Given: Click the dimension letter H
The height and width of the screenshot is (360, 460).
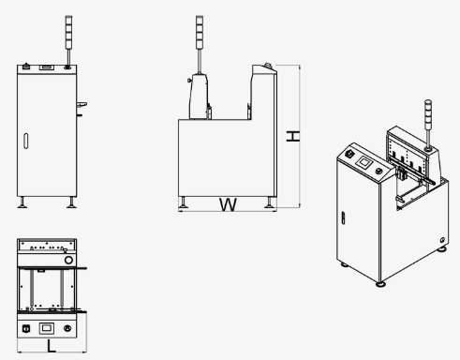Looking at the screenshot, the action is [x=293, y=136].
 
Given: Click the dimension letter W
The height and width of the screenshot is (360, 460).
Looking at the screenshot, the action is [x=228, y=204].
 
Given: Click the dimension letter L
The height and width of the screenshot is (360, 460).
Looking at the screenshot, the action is [x=52, y=347].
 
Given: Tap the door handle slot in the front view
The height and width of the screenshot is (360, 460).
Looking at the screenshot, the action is [x=25, y=141].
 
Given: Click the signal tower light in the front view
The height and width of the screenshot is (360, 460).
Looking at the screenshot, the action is [x=68, y=32].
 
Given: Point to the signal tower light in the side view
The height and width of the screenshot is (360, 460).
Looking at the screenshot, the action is [x=200, y=32].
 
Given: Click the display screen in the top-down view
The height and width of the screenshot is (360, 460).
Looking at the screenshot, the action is [x=46, y=328].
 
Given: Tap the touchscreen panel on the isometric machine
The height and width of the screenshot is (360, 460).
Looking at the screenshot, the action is [x=364, y=162].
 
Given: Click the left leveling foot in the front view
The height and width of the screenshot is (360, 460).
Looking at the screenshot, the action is [x=22, y=202].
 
